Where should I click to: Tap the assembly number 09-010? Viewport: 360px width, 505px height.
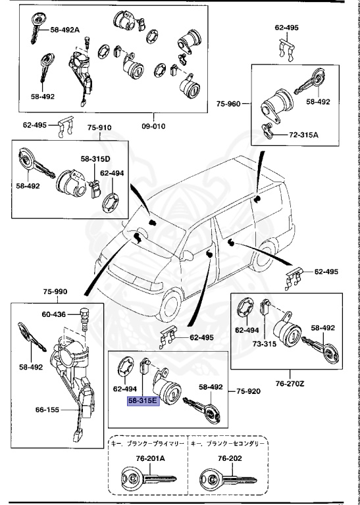point(154,126)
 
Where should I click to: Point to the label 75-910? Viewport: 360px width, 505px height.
point(100,128)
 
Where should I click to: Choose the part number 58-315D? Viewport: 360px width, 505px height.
point(96,159)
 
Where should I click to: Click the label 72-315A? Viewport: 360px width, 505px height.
point(303,135)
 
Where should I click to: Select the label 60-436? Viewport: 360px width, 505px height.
point(53,315)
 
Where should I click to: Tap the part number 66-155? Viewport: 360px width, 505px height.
point(49,410)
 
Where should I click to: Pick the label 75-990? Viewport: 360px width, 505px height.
point(56,291)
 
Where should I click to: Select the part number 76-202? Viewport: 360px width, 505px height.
point(226,458)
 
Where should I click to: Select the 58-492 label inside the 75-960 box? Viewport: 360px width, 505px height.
point(318,102)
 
